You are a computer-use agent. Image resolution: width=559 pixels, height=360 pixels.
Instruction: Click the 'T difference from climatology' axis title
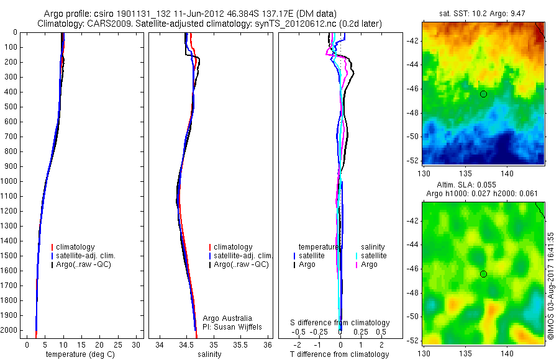click(339, 354)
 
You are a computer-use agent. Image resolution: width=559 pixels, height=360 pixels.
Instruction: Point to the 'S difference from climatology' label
click(340, 323)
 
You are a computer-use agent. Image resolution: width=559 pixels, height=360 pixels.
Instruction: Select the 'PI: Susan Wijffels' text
click(232, 326)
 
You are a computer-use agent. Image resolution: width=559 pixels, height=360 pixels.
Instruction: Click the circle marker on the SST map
click(483, 94)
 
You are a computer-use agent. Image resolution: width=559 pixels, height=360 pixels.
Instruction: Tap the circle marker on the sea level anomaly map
click(483, 274)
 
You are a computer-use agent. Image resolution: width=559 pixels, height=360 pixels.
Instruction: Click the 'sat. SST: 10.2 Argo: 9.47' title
click(483, 13)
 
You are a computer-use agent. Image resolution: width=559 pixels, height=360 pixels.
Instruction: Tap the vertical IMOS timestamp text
click(551, 286)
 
